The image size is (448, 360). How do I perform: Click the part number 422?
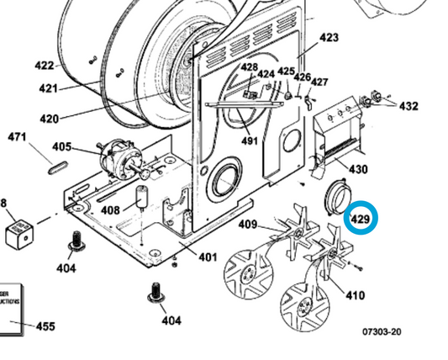tap(45, 66)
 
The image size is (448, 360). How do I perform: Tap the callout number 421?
tap(49, 89)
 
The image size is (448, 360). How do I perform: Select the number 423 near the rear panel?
tap(329, 38)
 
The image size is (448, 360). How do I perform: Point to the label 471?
tap(18, 137)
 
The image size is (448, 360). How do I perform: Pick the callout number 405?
tap(61, 146)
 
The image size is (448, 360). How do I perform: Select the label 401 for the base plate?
tap(208, 257)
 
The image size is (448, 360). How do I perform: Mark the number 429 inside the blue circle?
tap(360, 220)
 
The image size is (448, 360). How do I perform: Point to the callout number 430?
tap(358, 169)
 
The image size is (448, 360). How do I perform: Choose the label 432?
tap(408, 107)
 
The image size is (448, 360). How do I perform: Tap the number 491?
tap(249, 140)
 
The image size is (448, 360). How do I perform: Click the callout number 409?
tap(247, 225)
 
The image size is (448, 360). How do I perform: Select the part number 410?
tap(355, 296)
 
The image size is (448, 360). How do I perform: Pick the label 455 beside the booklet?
tap(45, 326)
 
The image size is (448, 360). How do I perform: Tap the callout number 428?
tap(249, 66)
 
